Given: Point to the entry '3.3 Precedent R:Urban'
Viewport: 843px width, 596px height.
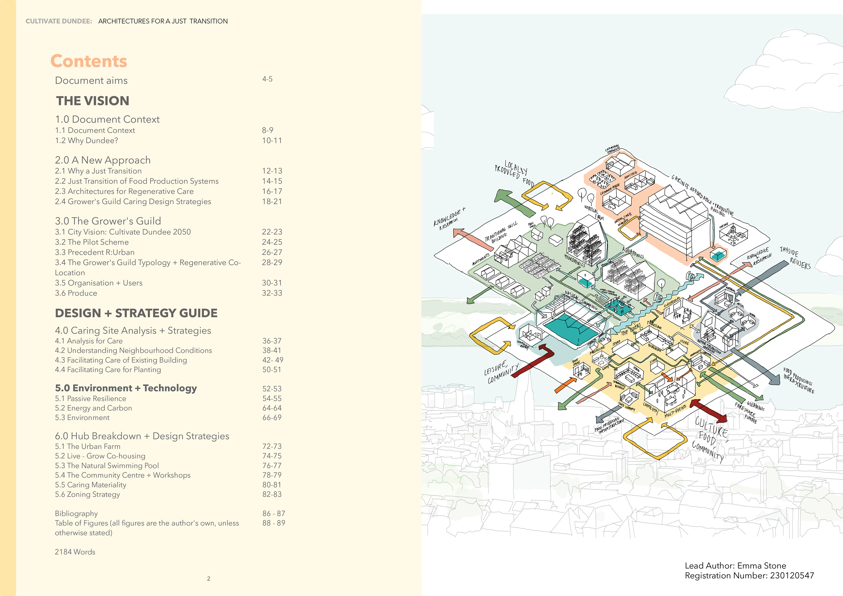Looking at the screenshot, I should click(x=95, y=252).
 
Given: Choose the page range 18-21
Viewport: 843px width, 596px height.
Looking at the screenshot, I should click(x=272, y=202).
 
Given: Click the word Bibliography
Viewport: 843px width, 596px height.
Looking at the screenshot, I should click(x=76, y=513).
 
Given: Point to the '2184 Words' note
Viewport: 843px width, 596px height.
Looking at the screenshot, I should click(x=75, y=552).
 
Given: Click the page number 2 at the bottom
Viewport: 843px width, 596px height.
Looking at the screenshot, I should click(x=209, y=579).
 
